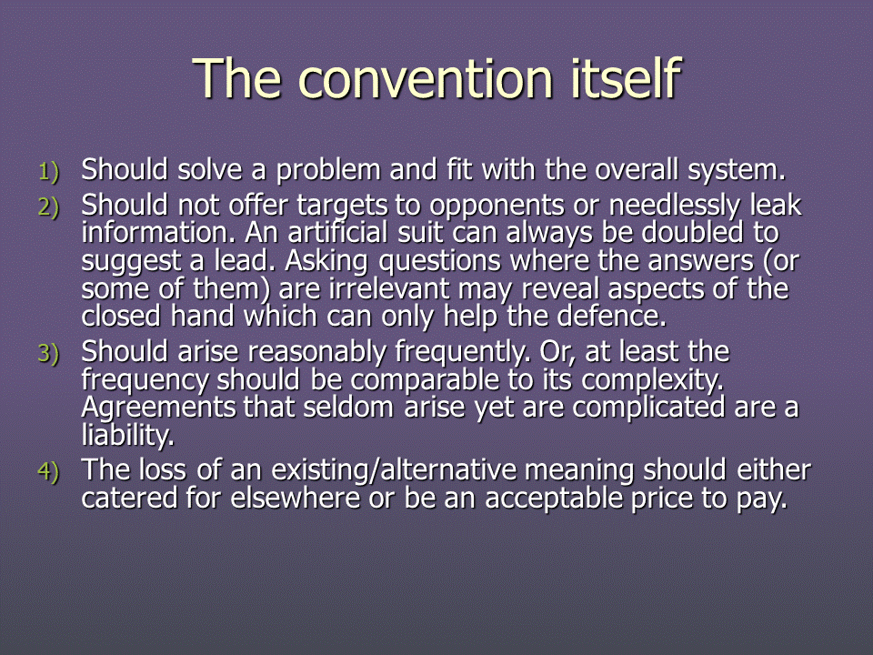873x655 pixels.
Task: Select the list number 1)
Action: click(48, 172)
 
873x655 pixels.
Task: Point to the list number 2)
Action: click(48, 207)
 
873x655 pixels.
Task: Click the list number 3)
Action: click(48, 354)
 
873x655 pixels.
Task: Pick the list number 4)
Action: click(48, 472)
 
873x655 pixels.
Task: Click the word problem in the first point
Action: click(328, 170)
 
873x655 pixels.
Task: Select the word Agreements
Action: click(158, 408)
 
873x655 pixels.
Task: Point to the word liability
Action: click(128, 436)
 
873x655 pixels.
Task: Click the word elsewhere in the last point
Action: click(295, 498)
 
